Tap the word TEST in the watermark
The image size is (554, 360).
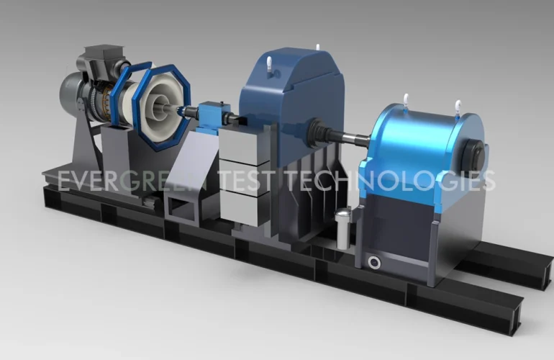click(246, 180)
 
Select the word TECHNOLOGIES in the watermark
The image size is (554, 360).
click(390, 180)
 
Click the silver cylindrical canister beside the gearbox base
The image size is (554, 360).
click(342, 228)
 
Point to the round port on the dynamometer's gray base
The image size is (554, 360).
click(374, 262)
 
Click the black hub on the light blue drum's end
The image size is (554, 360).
click(473, 155)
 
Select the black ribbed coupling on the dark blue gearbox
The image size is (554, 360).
click(317, 131)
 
